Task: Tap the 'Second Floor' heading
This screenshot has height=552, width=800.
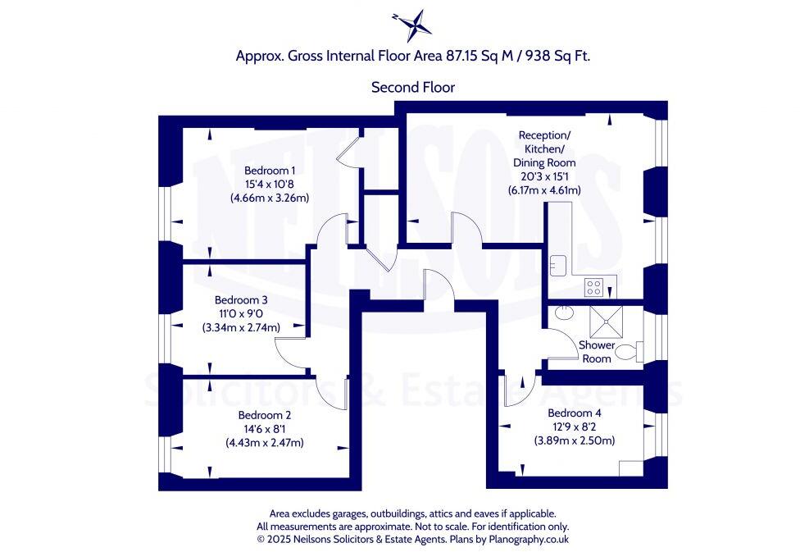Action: [x=412, y=87]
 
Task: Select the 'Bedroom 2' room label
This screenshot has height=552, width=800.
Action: [x=264, y=415]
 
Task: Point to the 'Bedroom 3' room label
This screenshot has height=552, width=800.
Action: [x=241, y=300]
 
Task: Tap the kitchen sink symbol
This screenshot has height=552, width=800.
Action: [x=559, y=265]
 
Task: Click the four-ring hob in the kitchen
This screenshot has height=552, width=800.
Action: [x=593, y=287]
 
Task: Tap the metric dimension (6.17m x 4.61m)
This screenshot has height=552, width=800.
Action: [x=544, y=190]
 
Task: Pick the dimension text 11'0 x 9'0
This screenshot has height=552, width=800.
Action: [x=241, y=314]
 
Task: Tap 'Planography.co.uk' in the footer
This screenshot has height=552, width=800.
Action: [x=528, y=539]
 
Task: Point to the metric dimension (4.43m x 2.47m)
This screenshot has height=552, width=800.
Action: [x=264, y=443]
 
